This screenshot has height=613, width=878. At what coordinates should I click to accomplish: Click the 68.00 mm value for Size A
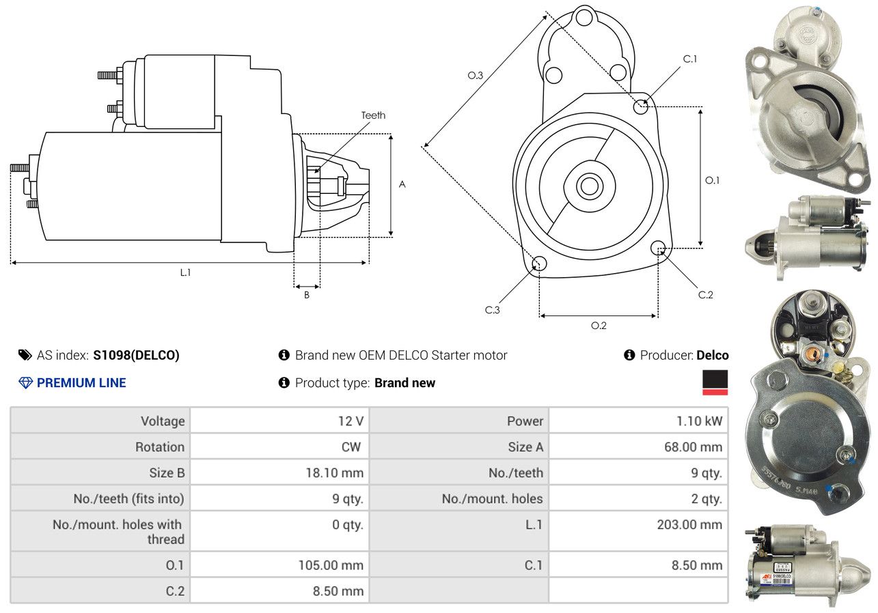[698, 447]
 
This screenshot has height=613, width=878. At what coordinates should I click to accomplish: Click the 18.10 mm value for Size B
[334, 472]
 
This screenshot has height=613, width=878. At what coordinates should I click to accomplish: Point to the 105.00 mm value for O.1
[331, 565]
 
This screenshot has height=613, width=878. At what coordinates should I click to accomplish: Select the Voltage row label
[163, 421]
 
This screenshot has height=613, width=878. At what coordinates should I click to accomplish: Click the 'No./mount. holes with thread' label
[118, 532]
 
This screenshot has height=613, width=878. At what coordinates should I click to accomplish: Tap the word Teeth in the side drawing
[373, 115]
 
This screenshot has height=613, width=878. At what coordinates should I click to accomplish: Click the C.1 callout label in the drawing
[690, 59]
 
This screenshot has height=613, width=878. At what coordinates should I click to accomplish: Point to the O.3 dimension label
[476, 76]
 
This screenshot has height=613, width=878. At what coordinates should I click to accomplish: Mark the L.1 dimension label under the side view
[185, 272]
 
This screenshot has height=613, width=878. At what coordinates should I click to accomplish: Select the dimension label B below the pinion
[307, 295]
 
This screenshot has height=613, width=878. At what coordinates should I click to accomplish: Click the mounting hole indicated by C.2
[658, 247]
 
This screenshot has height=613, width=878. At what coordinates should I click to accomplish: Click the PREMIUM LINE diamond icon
[26, 383]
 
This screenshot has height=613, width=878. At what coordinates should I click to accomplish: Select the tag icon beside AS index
[25, 355]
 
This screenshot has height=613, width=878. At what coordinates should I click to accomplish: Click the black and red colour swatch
[715, 382]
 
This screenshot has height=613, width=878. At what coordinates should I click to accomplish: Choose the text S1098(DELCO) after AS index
[136, 355]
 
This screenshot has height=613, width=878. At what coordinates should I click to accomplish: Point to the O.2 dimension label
[599, 326]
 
